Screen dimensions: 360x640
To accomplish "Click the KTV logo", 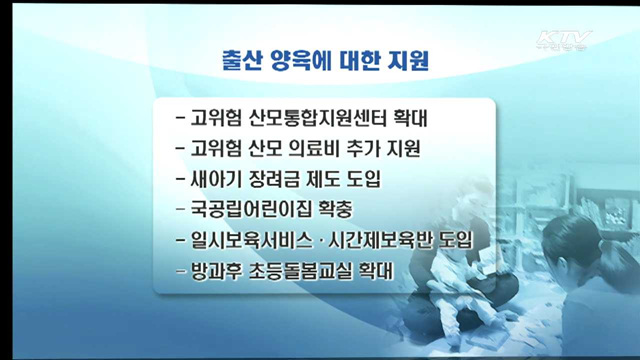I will (x=564, y=42).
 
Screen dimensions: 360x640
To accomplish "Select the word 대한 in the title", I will (x=367, y=61).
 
